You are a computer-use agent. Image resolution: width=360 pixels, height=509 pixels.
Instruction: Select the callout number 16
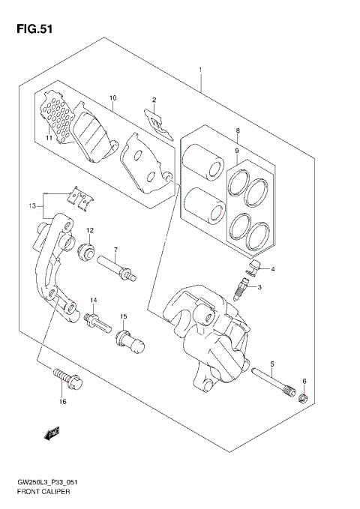[63, 402]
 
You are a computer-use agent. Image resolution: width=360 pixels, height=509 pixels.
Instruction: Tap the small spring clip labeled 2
[156, 121]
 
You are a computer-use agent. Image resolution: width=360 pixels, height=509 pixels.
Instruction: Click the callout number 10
[112, 97]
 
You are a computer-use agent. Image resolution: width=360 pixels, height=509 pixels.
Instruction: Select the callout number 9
[237, 151]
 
